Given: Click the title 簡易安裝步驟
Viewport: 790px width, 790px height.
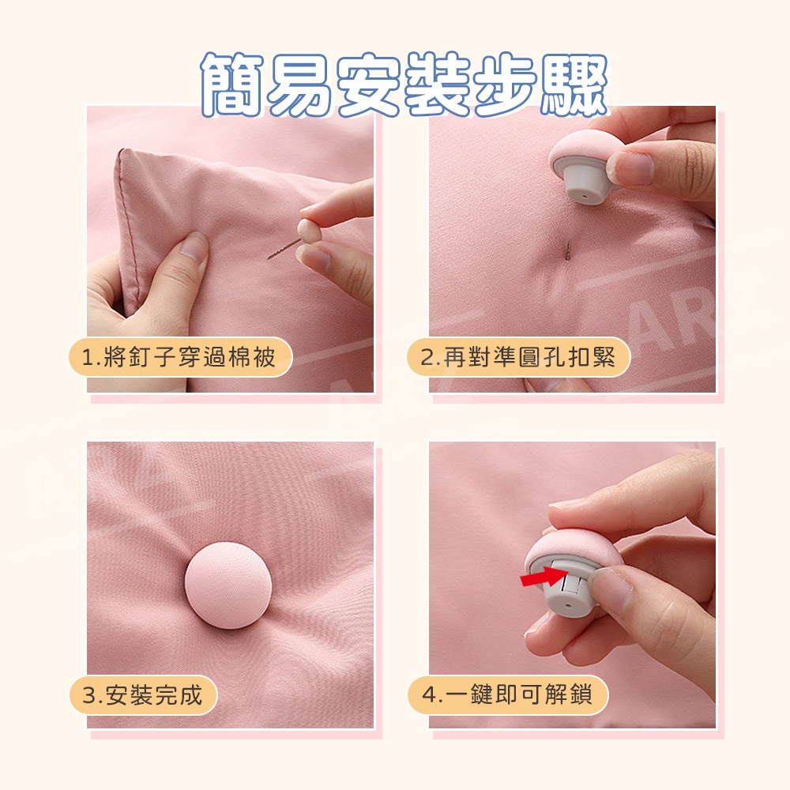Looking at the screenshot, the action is [x=404, y=85].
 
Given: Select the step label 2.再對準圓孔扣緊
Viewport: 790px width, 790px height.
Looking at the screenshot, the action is [x=518, y=357].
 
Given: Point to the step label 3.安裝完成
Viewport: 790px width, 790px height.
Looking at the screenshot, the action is [x=143, y=695].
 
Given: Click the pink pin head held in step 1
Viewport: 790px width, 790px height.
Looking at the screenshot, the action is [x=307, y=229].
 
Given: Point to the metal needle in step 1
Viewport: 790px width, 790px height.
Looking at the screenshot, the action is [x=283, y=249].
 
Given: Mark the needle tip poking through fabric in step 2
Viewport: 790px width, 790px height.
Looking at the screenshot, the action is [x=569, y=250].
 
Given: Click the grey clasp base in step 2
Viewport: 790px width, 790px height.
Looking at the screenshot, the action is [x=585, y=182].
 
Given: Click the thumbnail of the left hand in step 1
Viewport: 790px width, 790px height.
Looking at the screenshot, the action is [x=194, y=246].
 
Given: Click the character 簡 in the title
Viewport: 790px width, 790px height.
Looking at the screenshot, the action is [x=232, y=85].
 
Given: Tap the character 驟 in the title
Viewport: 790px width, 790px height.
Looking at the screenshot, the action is [x=575, y=85].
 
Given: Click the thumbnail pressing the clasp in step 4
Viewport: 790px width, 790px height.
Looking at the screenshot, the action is [x=611, y=589].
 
